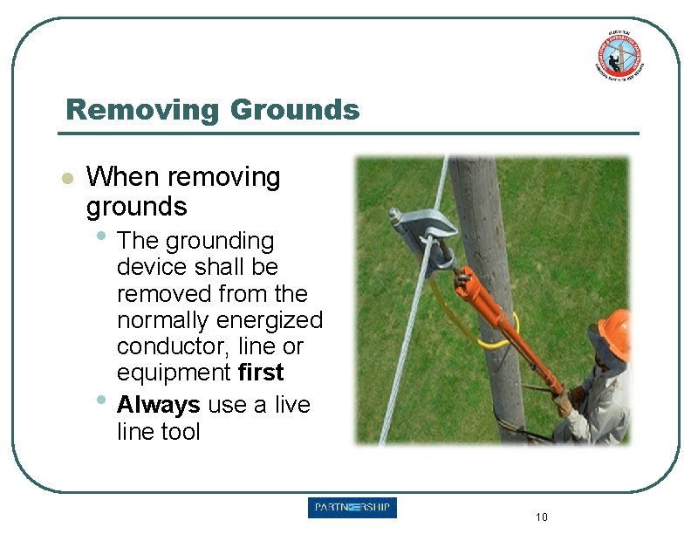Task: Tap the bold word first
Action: (261, 373)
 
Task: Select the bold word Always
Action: (158, 405)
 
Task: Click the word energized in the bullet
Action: (272, 320)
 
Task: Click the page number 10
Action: (541, 517)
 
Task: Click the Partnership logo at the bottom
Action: (352, 508)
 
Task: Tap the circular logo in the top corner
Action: (619, 54)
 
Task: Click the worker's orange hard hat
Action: (616, 332)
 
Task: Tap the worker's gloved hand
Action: (564, 402)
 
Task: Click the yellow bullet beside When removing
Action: (65, 178)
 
